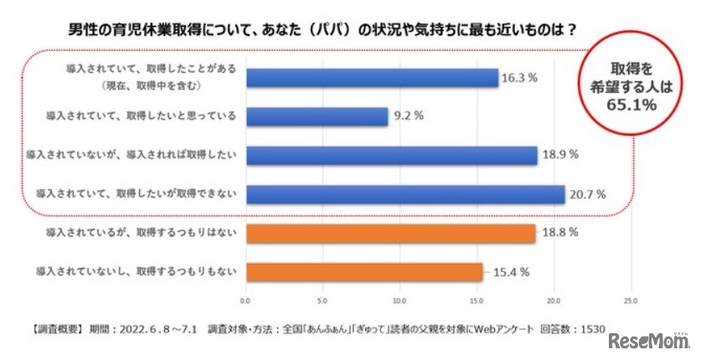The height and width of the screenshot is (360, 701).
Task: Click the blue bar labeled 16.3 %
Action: point(371,78)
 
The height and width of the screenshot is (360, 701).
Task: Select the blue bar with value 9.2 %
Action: point(316,116)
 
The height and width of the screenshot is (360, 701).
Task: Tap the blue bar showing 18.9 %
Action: point(391,156)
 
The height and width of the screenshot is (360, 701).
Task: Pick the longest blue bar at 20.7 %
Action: point(405,194)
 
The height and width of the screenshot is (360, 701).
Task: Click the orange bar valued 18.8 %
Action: point(390,234)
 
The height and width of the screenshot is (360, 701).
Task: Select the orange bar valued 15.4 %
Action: point(364,272)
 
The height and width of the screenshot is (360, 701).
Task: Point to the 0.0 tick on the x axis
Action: point(245,299)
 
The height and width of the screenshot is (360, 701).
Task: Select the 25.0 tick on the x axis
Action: point(631,299)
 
